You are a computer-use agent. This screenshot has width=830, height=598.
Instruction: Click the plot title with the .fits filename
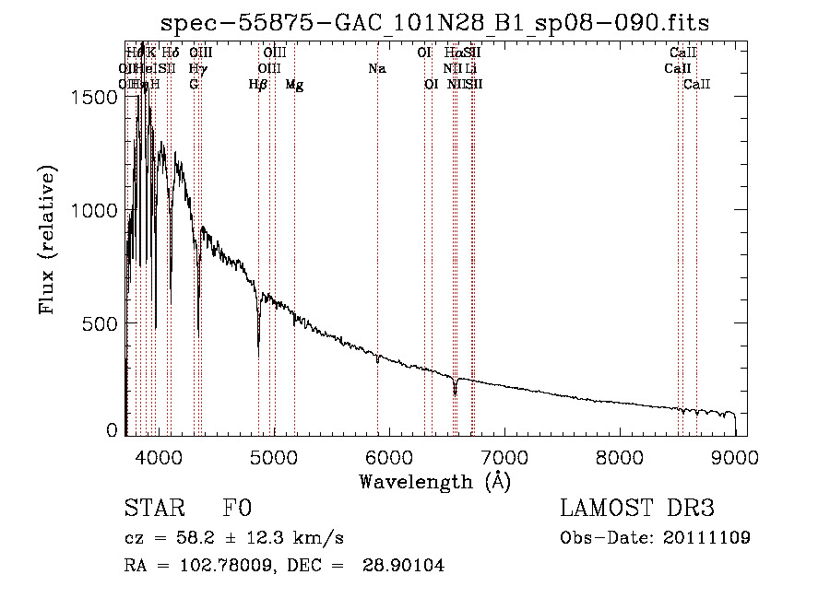(434, 23)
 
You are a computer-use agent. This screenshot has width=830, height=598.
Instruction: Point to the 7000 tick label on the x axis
(504, 458)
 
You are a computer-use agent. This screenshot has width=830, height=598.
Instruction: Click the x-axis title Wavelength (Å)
(434, 481)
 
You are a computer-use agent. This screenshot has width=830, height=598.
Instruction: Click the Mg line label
(294, 85)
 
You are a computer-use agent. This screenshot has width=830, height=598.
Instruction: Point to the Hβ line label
(258, 85)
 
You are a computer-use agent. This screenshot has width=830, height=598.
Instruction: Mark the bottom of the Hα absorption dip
(455, 394)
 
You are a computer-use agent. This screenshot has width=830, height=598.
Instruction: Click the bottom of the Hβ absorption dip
(258, 355)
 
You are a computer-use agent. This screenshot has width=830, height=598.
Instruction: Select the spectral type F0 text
(237, 509)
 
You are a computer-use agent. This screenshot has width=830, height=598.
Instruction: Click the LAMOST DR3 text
(637, 509)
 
